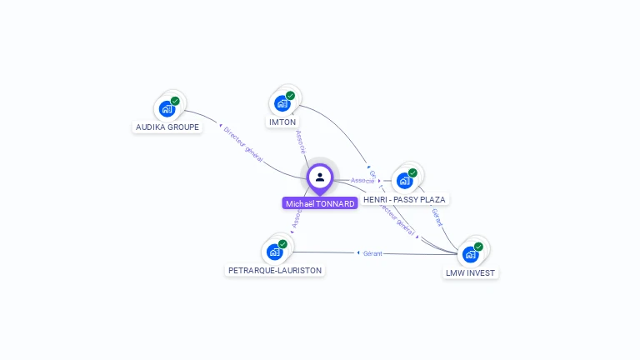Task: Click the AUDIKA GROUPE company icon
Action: (167, 108)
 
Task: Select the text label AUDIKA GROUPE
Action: (167, 127)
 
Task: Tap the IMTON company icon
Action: (282, 103)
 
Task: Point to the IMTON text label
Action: (282, 122)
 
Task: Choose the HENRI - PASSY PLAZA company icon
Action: (404, 181)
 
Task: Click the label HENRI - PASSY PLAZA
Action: (405, 200)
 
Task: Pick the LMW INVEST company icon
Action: (471, 254)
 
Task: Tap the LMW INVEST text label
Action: (471, 272)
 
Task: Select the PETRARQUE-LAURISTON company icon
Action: (274, 252)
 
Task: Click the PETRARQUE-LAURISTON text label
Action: (275, 270)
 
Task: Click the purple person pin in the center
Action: (320, 177)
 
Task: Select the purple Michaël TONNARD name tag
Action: (320, 203)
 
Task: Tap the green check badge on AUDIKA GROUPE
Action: (175, 101)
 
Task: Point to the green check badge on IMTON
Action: (290, 96)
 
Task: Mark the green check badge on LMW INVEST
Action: (478, 247)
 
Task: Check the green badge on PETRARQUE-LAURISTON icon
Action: (282, 244)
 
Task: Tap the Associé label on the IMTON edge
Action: (301, 141)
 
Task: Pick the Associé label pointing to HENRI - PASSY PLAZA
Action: (362, 180)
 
